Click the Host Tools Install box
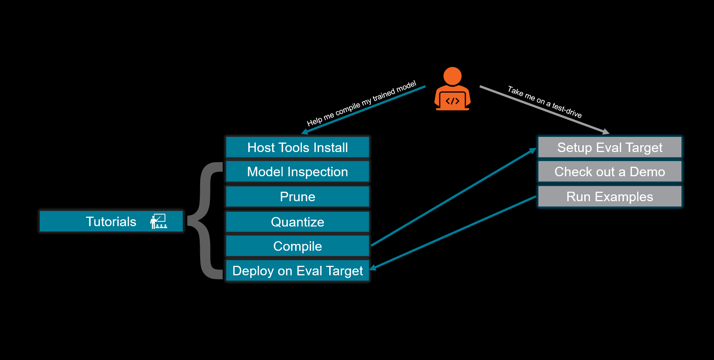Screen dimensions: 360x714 tap(297, 147)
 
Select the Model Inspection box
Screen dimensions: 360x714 tap(297, 172)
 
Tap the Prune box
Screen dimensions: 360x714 tap(297, 197)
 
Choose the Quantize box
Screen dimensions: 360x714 tap(297, 222)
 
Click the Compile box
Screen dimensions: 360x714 tap(297, 246)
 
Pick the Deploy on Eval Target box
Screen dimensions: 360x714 tap(297, 271)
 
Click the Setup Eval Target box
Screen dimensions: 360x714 tap(610, 147)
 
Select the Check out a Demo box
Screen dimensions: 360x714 tap(610, 172)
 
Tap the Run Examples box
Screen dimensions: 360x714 tap(610, 197)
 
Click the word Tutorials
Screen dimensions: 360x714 tap(111, 222)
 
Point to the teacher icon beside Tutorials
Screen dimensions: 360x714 tap(159, 222)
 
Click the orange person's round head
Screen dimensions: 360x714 tap(452, 76)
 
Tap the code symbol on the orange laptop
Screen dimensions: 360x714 tap(452, 101)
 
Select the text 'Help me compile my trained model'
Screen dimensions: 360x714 tap(361, 103)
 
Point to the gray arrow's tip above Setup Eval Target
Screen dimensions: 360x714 tap(606, 132)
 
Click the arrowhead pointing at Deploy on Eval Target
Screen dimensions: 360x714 tap(373, 268)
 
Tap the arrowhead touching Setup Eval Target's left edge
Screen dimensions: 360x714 tap(533, 151)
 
